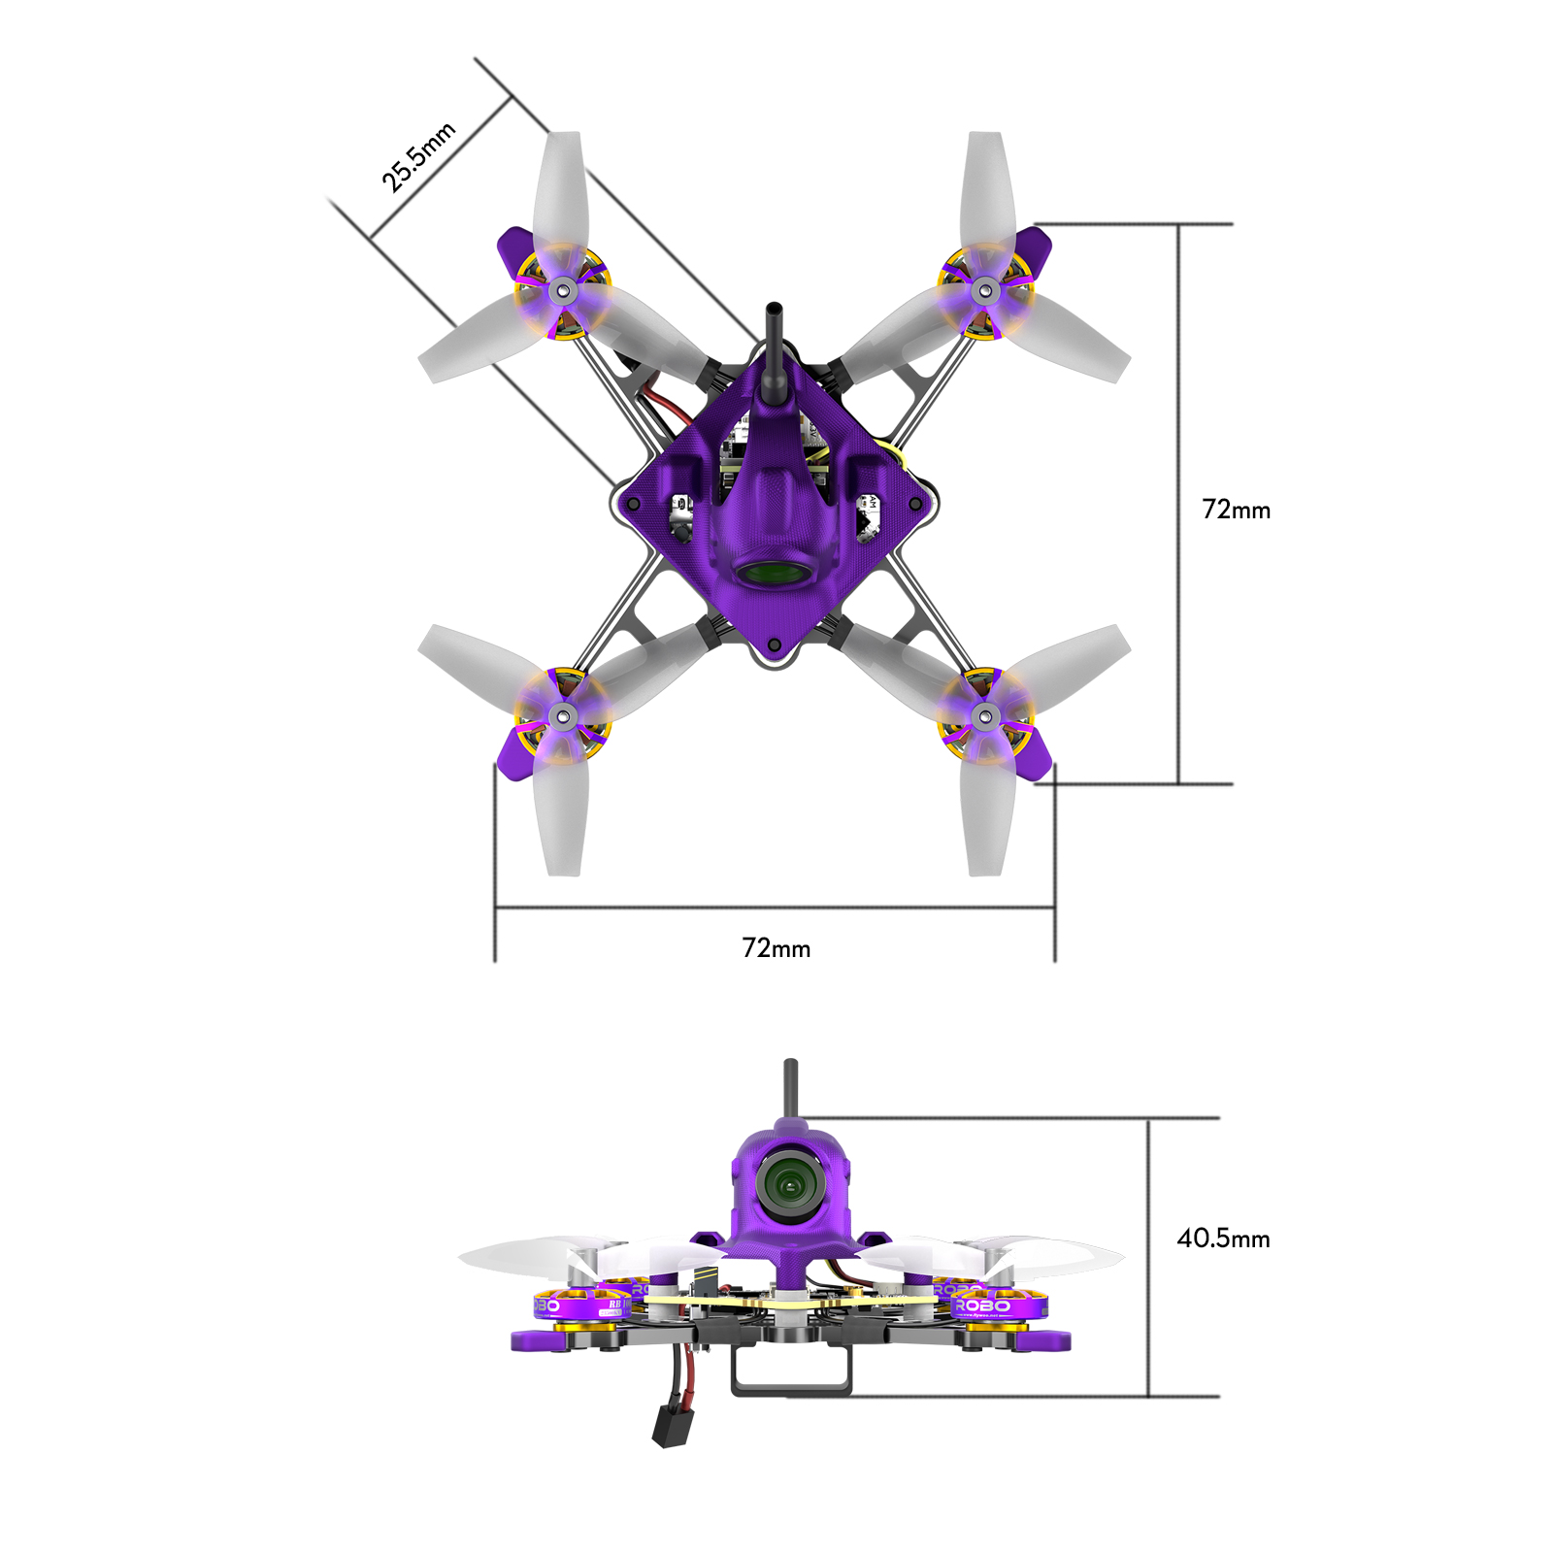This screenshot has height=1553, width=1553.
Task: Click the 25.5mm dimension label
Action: [417, 158]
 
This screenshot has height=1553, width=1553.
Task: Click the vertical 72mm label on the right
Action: [1236, 510]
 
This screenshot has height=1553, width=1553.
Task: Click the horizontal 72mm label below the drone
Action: [776, 948]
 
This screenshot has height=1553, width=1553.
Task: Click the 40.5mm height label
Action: [1223, 1239]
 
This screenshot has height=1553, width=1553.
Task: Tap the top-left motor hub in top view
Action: [562, 290]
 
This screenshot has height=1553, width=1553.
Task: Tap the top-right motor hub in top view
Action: [984, 289]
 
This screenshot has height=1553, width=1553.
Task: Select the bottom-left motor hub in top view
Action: [562, 717]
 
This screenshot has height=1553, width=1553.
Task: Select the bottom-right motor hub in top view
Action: [984, 717]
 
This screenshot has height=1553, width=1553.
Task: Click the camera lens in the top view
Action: [774, 573]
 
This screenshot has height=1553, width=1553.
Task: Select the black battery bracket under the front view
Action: [791, 1378]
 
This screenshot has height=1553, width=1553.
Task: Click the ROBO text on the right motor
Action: [982, 1306]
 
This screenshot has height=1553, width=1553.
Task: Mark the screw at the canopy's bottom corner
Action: [774, 644]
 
